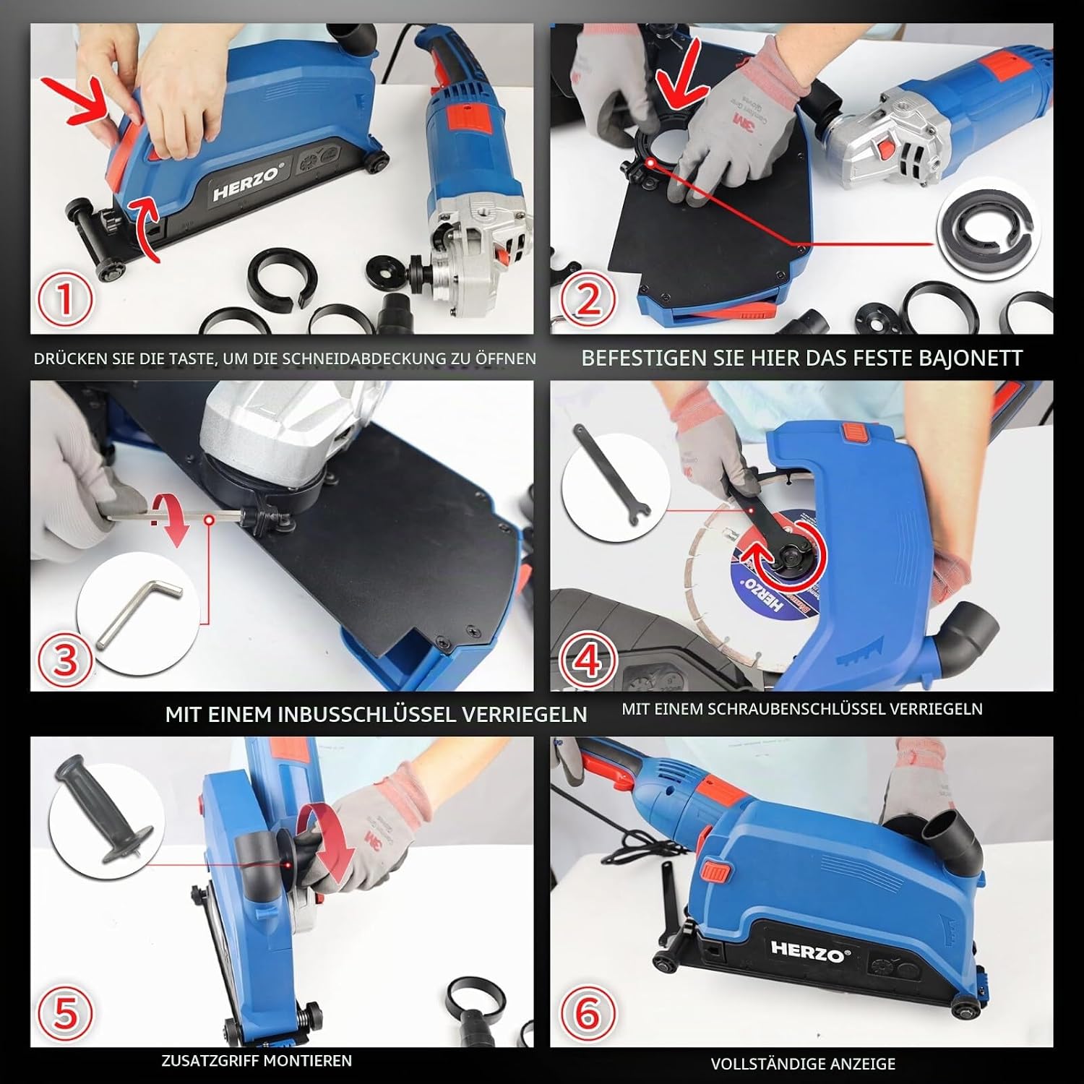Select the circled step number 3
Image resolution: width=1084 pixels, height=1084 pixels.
[66, 659]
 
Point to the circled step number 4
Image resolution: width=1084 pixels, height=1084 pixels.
[589, 659]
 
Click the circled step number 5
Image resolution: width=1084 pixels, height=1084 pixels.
[66, 1012]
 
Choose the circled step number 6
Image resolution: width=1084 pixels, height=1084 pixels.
[589, 1012]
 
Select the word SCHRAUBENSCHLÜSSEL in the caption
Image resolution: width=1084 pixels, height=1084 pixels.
[793, 709]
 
